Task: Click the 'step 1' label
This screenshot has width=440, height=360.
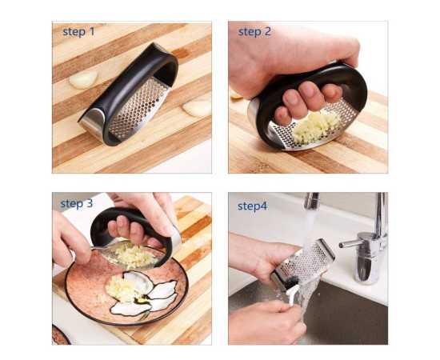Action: [x=79, y=32]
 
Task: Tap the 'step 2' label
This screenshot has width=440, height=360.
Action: [x=254, y=32]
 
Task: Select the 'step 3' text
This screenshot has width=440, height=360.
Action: [x=76, y=203]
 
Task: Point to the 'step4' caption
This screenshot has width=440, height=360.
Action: [x=252, y=206]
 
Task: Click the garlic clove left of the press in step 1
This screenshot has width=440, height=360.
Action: [x=84, y=79]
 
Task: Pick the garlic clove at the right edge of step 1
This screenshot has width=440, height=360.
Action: [x=198, y=107]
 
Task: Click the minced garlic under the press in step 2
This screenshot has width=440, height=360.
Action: [x=317, y=126]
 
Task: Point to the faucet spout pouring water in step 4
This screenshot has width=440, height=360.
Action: [x=311, y=201]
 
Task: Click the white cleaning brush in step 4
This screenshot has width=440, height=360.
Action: [x=292, y=294]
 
